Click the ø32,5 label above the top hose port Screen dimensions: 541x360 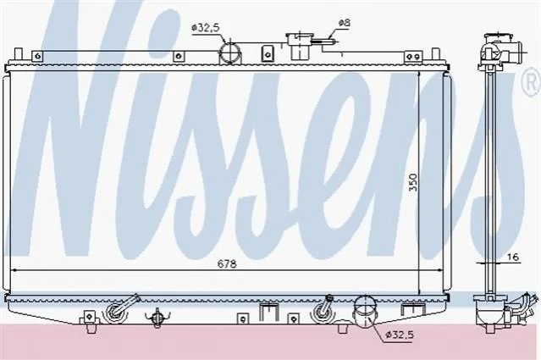coord(206,28)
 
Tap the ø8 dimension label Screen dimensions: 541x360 coord(345,23)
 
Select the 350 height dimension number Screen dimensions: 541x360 coord(413,182)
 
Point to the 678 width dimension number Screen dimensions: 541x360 coord(227,264)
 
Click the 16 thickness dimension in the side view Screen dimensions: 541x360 coord(513,257)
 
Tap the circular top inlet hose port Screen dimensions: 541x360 coord(230,53)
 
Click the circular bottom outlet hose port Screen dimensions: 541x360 coord(363,311)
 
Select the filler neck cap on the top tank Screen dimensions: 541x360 coord(299,38)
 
